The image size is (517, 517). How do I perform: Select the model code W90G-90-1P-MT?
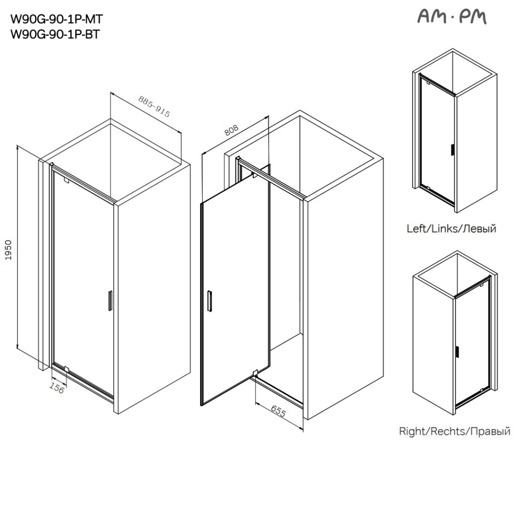coord(57,20)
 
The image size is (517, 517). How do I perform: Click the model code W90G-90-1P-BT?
coord(56,35)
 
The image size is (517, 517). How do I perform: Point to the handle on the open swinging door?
coord(208,301)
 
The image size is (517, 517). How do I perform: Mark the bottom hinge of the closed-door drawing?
coord(66,369)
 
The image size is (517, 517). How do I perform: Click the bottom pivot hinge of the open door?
coord(255,373)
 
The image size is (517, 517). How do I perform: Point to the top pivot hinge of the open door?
coord(254,176)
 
